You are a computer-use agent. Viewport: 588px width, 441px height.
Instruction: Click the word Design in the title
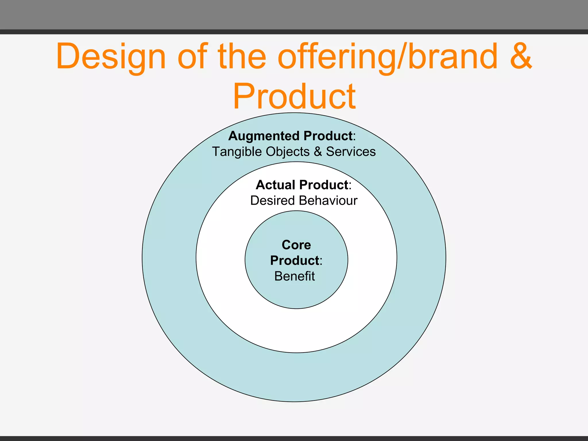coord(111,57)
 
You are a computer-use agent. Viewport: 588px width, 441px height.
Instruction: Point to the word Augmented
coord(264,136)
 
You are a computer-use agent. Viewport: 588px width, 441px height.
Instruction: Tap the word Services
coord(351,152)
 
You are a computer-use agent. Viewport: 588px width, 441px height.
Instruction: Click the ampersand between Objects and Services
coord(318,152)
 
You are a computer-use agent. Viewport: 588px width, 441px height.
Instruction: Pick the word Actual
coord(275,185)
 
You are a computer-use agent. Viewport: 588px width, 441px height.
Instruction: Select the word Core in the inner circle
coord(296,245)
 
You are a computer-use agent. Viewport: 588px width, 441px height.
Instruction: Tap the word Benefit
coord(295,276)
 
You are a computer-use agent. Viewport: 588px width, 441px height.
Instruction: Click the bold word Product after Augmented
coord(328,136)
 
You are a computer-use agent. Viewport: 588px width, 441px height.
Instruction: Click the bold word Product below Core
coord(295,261)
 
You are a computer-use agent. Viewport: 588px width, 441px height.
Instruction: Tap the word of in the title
coord(192,57)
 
